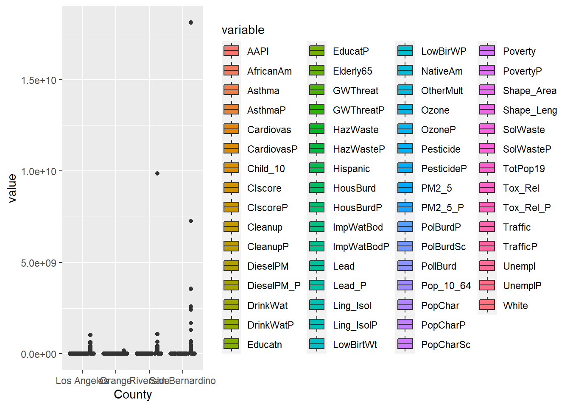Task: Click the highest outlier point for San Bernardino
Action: [x=191, y=22]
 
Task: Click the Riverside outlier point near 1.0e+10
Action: [x=157, y=173]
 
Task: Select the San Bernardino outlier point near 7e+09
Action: [x=191, y=221]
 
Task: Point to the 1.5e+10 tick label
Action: [x=39, y=80]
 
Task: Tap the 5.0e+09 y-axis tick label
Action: [x=39, y=263]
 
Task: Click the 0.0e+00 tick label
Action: [x=39, y=354]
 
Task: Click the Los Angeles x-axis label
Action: [x=81, y=381]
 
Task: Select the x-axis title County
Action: [x=133, y=394]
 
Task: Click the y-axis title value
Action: [x=12, y=188]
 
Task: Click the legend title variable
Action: [x=243, y=30]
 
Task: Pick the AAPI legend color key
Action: [x=232, y=51]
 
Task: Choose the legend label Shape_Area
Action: [x=529, y=91]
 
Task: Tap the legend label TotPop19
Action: [x=524, y=169]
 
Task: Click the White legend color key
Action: [x=487, y=305]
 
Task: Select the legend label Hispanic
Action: [x=351, y=169]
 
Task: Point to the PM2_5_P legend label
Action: [x=442, y=208]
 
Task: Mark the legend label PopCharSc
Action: [x=446, y=345]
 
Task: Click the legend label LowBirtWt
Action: [x=355, y=345]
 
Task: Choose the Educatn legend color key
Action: [x=232, y=344]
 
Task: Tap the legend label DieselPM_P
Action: [x=274, y=286]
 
